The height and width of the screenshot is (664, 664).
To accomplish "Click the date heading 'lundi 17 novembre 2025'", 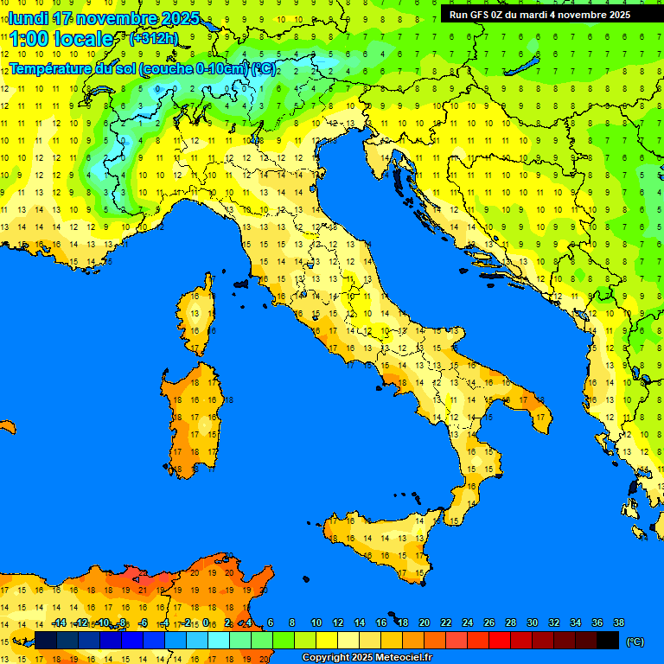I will pos(104,18).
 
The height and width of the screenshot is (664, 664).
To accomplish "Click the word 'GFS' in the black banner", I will pos(481,15).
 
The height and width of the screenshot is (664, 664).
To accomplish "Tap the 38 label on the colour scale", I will pos(618,622).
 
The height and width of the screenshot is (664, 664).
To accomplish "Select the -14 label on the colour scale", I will pos(59,622).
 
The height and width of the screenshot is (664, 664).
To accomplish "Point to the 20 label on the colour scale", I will pos(424,622).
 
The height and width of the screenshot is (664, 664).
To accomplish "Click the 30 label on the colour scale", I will pos(532,622).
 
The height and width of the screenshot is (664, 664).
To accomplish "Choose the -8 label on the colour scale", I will pos(124,622).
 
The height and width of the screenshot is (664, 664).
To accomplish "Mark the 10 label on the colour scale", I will pos(316,622).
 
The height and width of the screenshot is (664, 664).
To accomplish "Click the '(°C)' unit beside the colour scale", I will pos(635,642).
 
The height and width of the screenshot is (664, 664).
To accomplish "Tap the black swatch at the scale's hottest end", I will pos(608,641).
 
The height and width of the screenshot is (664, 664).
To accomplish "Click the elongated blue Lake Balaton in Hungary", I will pos(523,67).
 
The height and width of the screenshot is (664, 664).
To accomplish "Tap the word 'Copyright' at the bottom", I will pos(326,658).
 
